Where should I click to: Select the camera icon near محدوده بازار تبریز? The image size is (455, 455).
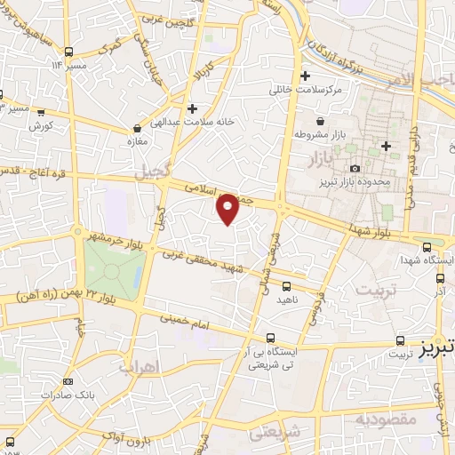pyautogui.click(x=355, y=168)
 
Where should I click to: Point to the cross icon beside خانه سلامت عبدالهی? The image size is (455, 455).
pyautogui.click(x=192, y=108)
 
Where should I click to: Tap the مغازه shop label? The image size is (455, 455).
pyautogui.click(x=136, y=140)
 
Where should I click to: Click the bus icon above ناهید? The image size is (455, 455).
pyautogui.click(x=286, y=287)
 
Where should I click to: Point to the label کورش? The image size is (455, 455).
pyautogui.click(x=42, y=127)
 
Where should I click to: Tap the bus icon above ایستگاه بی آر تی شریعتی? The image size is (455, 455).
pyautogui.click(x=271, y=337)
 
